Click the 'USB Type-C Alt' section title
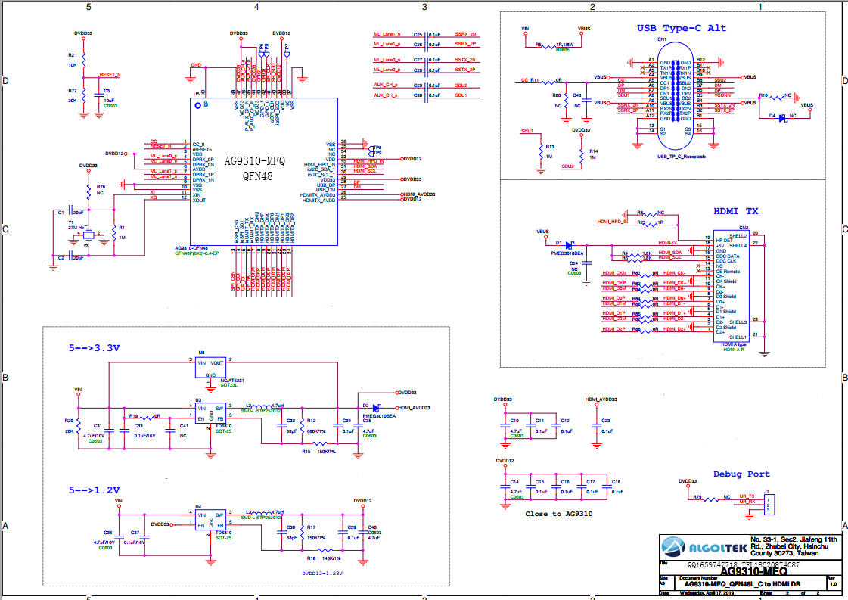(x=681, y=29)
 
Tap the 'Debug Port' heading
(x=741, y=474)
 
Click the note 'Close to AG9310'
(x=558, y=514)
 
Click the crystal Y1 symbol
(x=89, y=236)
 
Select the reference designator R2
(x=71, y=55)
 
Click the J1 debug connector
(x=767, y=505)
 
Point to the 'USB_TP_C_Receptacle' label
(x=682, y=156)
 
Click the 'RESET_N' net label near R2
(x=110, y=76)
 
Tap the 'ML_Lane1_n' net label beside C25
(x=387, y=35)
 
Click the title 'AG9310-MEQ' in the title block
(x=729, y=572)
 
